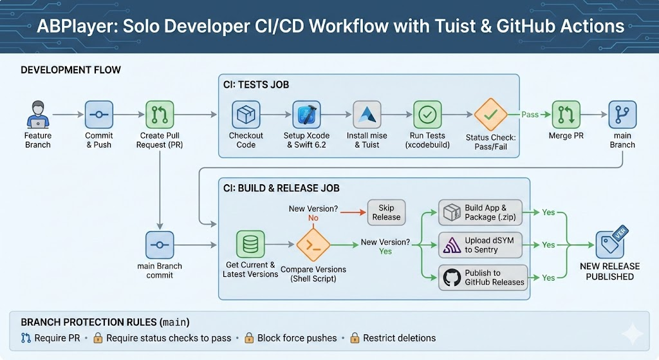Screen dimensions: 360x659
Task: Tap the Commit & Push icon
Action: [x=98, y=115]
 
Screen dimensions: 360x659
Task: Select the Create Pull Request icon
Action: [x=160, y=115]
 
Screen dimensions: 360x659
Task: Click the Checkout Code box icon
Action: [x=246, y=115]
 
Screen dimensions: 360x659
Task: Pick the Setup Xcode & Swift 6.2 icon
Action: [x=306, y=115]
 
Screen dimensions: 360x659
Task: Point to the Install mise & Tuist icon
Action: [x=367, y=115]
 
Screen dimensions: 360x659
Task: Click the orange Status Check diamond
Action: [x=491, y=115]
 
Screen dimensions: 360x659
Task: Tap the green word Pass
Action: [x=530, y=114]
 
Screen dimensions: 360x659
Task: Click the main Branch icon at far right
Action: [x=622, y=115]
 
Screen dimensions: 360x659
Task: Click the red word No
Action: [x=313, y=218]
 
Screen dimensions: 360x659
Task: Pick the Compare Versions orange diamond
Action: [x=313, y=245]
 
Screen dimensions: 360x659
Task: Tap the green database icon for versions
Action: [x=250, y=245]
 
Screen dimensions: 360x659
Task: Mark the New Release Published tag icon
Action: [x=609, y=245]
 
